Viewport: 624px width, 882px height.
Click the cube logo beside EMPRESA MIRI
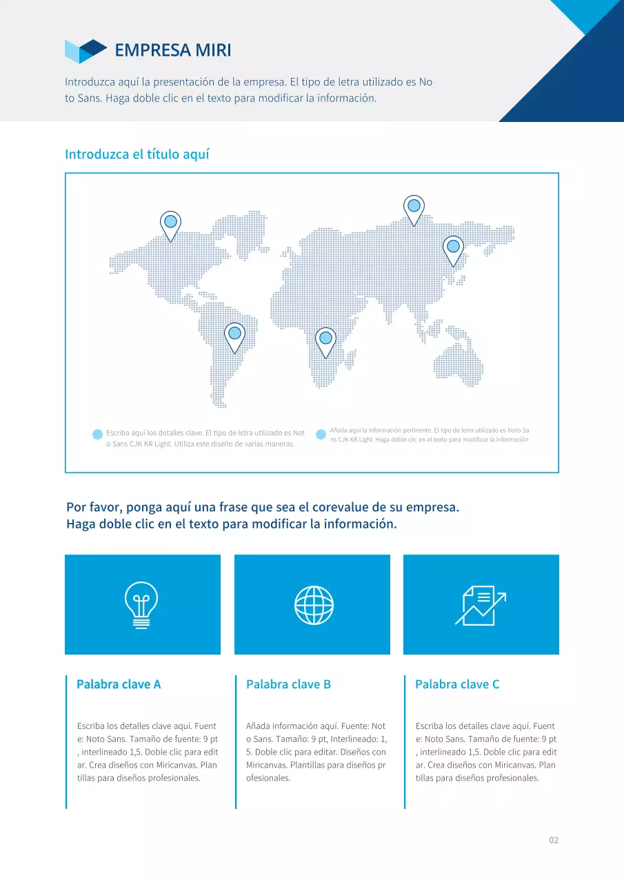point(85,51)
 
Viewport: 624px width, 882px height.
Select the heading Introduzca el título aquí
point(137,154)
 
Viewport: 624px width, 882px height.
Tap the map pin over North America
point(170,223)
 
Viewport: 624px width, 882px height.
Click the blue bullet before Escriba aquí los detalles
point(97,434)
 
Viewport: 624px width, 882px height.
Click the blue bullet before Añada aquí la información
point(321,434)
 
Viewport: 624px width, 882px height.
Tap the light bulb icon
point(141,605)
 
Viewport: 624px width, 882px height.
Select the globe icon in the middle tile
point(314,605)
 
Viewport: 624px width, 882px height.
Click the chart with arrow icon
point(480,605)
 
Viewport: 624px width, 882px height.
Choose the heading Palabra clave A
point(119,684)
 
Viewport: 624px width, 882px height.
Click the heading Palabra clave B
point(288,684)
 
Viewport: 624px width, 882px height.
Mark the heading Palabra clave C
point(457,684)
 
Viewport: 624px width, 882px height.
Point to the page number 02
point(554,840)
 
